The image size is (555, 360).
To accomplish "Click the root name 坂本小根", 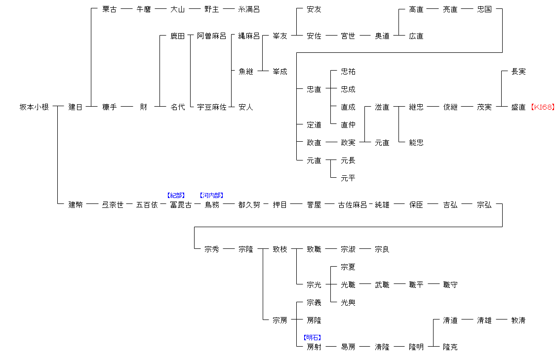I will point(34,107).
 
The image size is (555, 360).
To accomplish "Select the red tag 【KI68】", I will point(542,107).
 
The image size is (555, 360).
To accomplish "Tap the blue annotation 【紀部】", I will point(176,196).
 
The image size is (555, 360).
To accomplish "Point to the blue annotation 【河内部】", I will point(212,196).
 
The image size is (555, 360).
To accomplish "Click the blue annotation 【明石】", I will point(313,338).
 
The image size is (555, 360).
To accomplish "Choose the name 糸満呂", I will point(249,9).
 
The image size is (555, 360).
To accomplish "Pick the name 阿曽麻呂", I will point(211,36).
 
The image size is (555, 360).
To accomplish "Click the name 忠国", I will point(484,9).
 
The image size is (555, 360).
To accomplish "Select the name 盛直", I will point(518,107).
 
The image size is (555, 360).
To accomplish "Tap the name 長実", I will point(518,72).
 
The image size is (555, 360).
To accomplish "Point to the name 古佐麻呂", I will point(352,205).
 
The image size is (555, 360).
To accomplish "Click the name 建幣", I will point(76,205).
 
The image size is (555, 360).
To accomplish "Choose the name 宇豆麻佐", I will point(211,107).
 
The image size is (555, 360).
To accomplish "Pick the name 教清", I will point(518,320).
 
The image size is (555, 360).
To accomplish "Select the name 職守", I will point(450,285).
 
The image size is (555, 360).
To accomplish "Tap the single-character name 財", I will point(143,107).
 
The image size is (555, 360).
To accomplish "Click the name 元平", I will point(348,178).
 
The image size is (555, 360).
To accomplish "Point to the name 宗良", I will point(382,249).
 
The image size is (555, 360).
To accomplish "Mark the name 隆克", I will point(450,347).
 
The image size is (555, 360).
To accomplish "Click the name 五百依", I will point(147,205).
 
